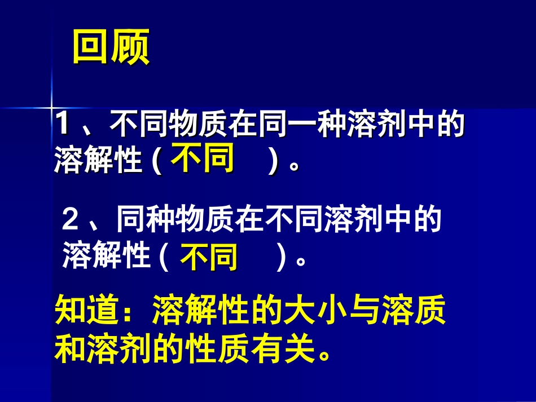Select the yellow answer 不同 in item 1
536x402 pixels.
203,159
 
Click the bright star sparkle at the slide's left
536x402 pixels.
51,106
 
